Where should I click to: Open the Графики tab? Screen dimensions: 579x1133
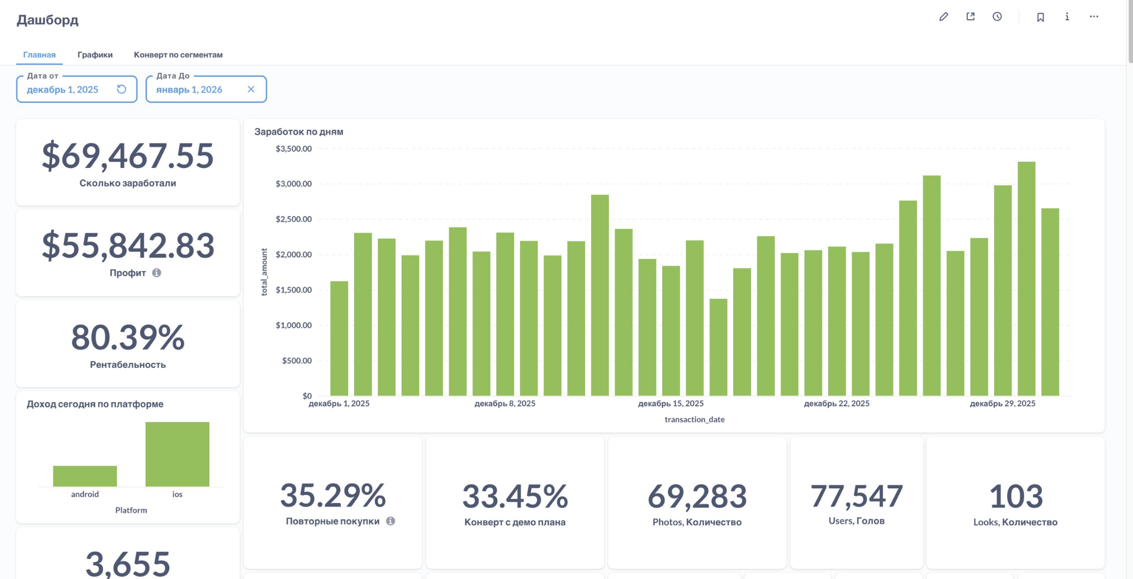[x=95, y=54]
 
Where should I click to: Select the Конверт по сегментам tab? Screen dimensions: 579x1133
[x=178, y=54]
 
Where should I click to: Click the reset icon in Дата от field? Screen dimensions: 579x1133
[x=122, y=89]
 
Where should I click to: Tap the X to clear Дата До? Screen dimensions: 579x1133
[x=251, y=89]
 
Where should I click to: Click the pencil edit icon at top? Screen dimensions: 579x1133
[x=943, y=17]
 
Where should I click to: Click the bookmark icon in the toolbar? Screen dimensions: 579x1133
[x=1040, y=17]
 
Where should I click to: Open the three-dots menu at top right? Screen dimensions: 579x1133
[x=1093, y=17]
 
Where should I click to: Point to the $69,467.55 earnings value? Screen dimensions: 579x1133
[x=128, y=156]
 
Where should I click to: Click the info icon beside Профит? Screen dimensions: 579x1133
[x=156, y=273]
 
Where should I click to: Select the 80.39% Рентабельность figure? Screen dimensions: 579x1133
[x=128, y=338]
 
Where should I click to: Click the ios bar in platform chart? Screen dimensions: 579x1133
[x=177, y=454]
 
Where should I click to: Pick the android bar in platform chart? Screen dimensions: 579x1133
[x=85, y=475]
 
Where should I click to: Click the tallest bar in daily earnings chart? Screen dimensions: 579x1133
[x=1026, y=278]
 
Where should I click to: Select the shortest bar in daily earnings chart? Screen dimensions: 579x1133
[x=718, y=347]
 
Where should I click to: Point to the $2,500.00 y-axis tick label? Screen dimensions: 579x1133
[x=293, y=219]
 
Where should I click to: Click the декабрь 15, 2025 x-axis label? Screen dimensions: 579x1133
[x=671, y=404]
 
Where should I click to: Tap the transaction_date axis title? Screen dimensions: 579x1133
[x=694, y=419]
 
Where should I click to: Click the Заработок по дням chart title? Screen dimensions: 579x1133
[x=299, y=132]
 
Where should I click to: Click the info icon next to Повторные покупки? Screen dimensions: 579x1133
[x=391, y=521]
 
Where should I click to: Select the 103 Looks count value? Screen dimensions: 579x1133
[x=1015, y=497]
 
